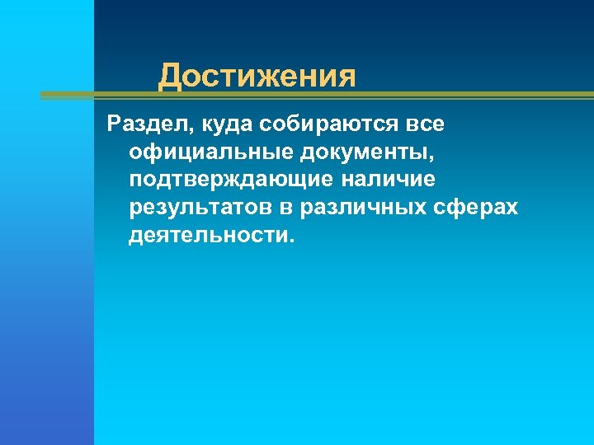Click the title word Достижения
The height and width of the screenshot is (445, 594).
point(257,77)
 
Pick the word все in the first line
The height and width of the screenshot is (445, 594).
point(425,124)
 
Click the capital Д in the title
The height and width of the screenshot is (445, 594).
point(169,77)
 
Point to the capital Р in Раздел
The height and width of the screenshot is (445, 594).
point(114,124)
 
